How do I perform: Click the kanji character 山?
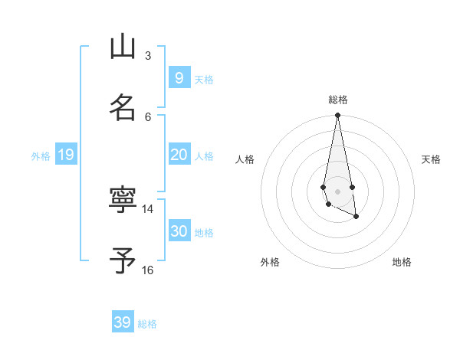pos(123,47)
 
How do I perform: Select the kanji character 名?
pos(123,107)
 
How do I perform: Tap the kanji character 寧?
pos(123,200)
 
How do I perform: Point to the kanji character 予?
pos(123,261)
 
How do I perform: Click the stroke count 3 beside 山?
pos(148,55)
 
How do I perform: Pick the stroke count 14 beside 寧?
pos(148,208)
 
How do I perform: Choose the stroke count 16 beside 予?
pos(148,270)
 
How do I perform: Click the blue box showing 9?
pos(179,78)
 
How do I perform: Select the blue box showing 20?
pos(179,155)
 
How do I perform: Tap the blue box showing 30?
pos(179,231)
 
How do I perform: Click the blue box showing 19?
pos(65,155)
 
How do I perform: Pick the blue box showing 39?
pos(123,322)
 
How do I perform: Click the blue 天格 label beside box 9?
pos(204,80)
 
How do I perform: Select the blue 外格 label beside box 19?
pos(41,156)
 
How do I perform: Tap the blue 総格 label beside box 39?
pos(147,324)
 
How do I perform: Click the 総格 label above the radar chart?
pos(338,100)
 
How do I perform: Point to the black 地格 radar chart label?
pos(402,262)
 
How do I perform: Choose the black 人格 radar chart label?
pos(245,159)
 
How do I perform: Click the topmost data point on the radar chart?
pos(337,116)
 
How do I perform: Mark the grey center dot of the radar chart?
pos(337,191)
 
